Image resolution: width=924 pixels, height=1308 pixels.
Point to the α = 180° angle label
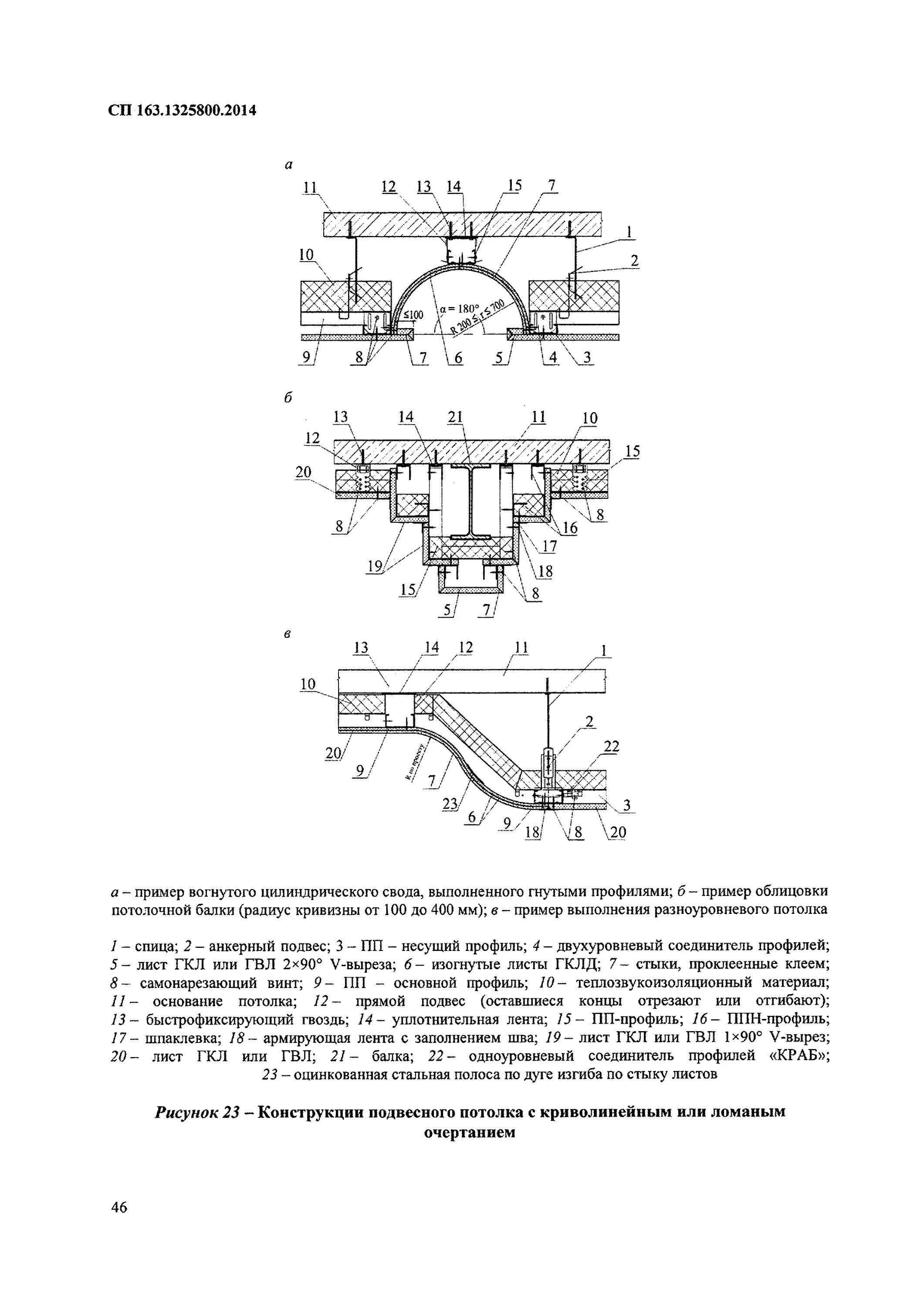[460, 309]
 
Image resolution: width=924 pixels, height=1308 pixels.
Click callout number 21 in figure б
[455, 417]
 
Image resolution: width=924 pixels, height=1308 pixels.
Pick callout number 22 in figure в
[612, 746]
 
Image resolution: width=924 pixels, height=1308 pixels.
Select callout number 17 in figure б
[549, 546]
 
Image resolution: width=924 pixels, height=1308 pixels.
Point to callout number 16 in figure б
[569, 528]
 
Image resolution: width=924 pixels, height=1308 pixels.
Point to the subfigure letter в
[288, 634]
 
